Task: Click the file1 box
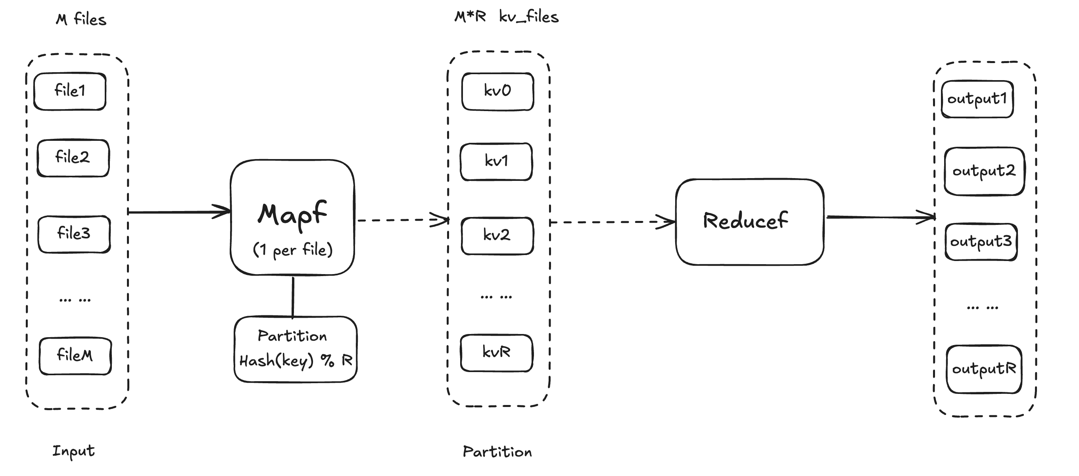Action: pos(69,91)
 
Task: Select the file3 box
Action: pos(74,234)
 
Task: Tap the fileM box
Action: pos(75,356)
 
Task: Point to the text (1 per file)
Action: pos(292,250)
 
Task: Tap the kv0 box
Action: pos(497,91)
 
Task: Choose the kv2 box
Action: pos(497,236)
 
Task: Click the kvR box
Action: pos(496,353)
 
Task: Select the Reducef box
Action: pos(749,222)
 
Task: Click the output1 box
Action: pos(977,99)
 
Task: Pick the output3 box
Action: pos(981,242)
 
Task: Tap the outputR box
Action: pos(983,369)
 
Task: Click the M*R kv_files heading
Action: pos(507,17)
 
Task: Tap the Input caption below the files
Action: pos(73,451)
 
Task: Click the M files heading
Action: pos(81,20)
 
